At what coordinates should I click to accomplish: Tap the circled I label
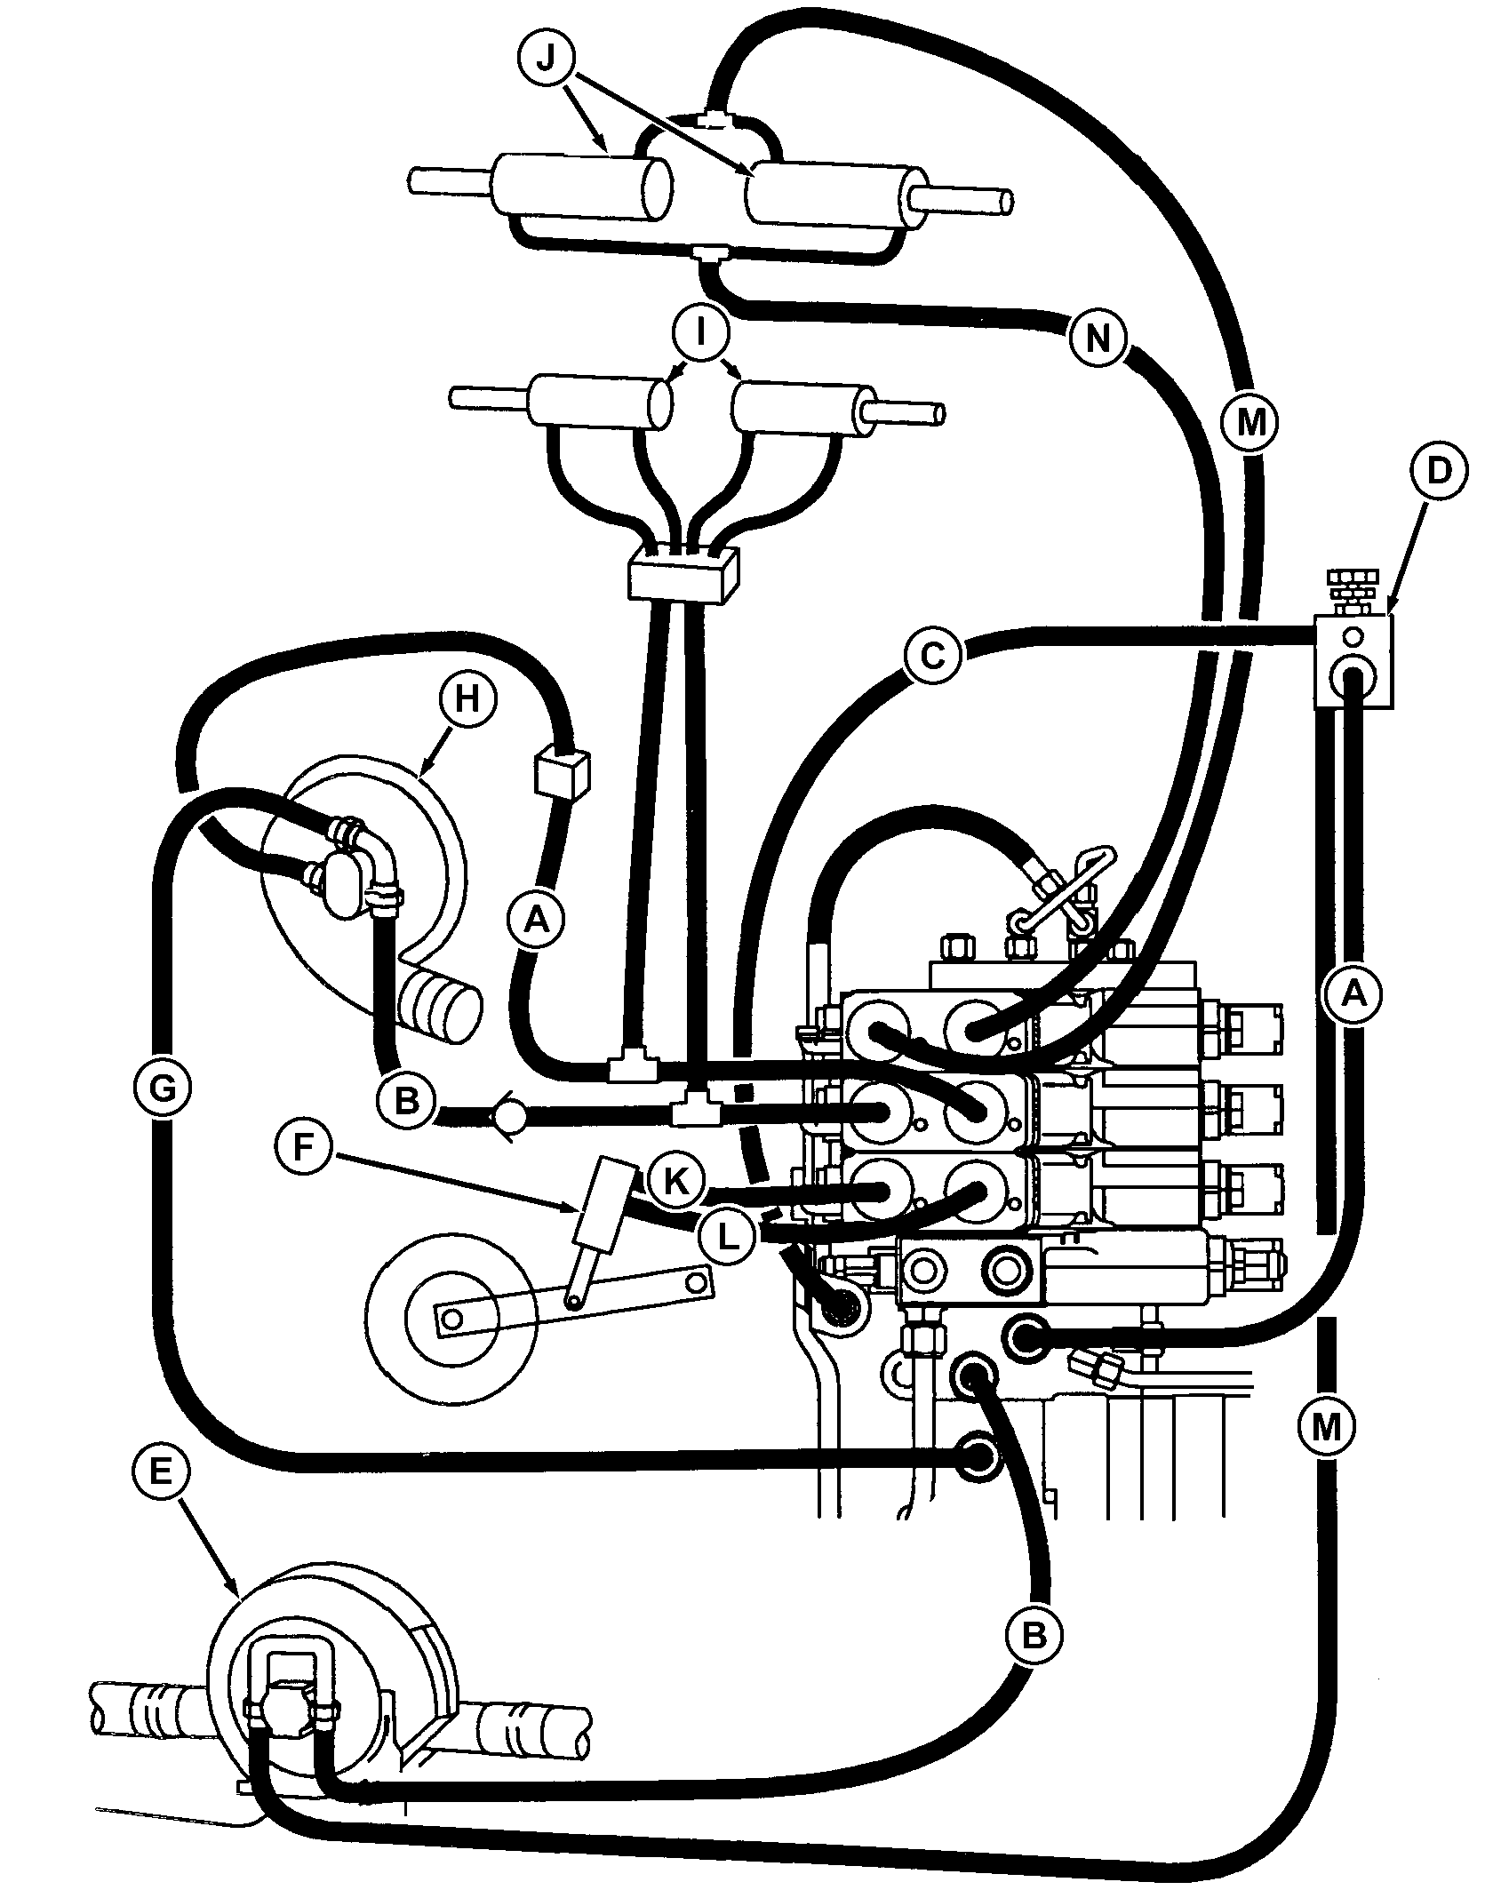(x=701, y=335)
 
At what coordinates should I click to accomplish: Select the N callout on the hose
(x=1098, y=339)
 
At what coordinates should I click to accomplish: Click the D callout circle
(x=1439, y=472)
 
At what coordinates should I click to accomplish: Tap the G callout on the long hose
(x=163, y=1090)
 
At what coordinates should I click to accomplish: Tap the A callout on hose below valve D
(x=1352, y=993)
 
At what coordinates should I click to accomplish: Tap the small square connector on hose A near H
(x=563, y=770)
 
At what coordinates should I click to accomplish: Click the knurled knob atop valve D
(x=1351, y=586)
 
